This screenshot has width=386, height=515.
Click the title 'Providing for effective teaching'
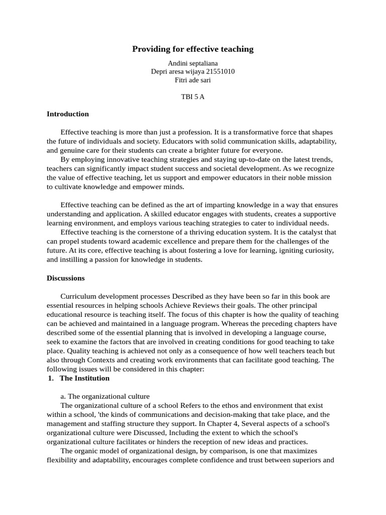pos(192,49)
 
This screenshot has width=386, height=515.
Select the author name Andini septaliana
pos(192,63)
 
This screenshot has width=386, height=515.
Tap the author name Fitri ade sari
pos(192,79)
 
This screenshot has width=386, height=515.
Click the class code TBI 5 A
pos(192,97)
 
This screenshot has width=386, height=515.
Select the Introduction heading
pos(68,114)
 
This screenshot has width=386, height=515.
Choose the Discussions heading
pos(66,278)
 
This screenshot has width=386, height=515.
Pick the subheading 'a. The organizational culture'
pos(105,396)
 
